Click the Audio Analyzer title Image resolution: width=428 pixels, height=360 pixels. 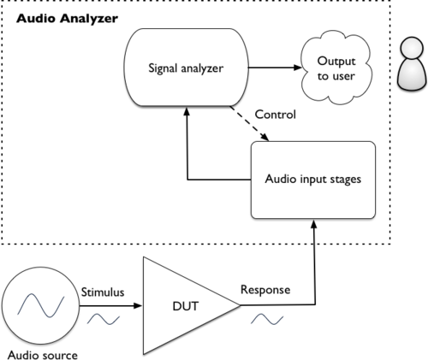[67, 19]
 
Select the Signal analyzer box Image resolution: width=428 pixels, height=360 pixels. [186, 68]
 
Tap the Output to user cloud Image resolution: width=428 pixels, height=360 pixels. [336, 68]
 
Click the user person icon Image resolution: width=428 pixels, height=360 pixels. [412, 64]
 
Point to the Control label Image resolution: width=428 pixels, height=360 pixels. [275, 115]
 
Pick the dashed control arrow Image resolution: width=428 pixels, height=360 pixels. [249, 123]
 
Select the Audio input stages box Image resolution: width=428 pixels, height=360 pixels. [313, 180]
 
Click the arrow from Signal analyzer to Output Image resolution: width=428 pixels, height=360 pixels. [275, 68]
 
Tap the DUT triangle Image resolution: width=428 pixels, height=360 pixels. [191, 305]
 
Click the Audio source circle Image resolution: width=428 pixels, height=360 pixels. [40, 305]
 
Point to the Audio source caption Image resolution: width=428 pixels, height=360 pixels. [43, 355]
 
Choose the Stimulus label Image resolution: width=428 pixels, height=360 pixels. [103, 292]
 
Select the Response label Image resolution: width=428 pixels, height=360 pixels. [265, 290]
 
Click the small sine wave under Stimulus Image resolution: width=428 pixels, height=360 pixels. [104, 319]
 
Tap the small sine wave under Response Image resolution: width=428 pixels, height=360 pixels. [267, 319]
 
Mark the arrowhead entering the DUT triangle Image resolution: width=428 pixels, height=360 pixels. [138, 306]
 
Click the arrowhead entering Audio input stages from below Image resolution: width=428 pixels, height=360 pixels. [314, 223]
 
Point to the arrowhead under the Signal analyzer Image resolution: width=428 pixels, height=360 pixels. [187, 111]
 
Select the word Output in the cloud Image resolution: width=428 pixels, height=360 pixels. [336, 61]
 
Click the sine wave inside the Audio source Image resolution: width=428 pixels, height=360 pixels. [41, 305]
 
